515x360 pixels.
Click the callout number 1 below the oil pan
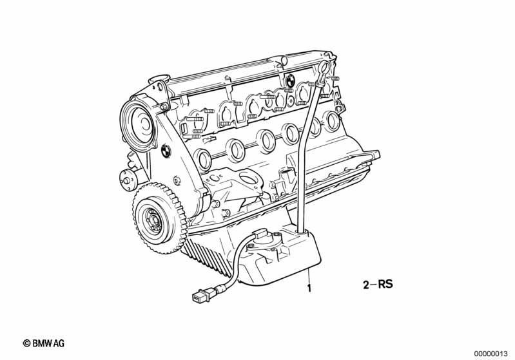[309, 288]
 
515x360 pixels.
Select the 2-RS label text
[378, 284]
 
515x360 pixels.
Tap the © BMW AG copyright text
[44, 343]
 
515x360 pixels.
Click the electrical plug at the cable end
[200, 294]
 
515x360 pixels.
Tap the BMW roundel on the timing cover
[166, 151]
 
